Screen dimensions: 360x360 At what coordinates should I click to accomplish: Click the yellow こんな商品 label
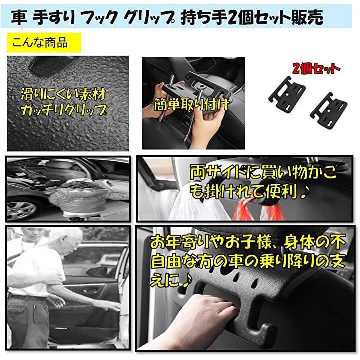pos(44,43)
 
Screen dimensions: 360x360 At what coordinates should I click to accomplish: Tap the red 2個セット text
pos(316,69)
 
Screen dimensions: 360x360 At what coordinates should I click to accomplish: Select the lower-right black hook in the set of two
pos(329,111)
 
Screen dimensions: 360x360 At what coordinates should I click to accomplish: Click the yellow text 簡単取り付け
pos(191,105)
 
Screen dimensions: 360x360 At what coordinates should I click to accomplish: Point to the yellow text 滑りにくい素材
pos(63,94)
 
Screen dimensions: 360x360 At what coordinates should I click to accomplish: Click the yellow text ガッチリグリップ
pos(64,110)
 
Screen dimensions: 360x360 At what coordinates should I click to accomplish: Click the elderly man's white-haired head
pos(66,240)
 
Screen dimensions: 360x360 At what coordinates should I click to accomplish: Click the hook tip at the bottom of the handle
pos(267,329)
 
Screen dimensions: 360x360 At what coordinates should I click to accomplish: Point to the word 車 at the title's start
pos(19,17)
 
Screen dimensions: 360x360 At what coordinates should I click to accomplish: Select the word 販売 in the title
pos(307,17)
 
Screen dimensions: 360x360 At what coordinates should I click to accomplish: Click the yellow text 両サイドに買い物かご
pos(263,173)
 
